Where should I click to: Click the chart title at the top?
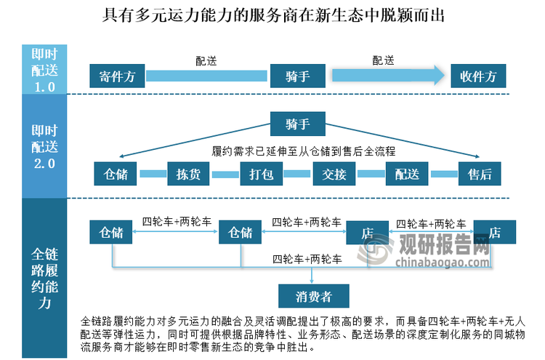272,14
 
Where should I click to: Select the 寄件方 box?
117,76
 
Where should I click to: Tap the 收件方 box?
478,76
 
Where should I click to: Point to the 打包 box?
261,174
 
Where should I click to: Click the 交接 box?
334,174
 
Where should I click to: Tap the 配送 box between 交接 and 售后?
407,174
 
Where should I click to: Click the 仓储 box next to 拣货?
116,174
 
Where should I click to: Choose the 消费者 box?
314,296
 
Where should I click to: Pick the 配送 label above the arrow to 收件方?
384,60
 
